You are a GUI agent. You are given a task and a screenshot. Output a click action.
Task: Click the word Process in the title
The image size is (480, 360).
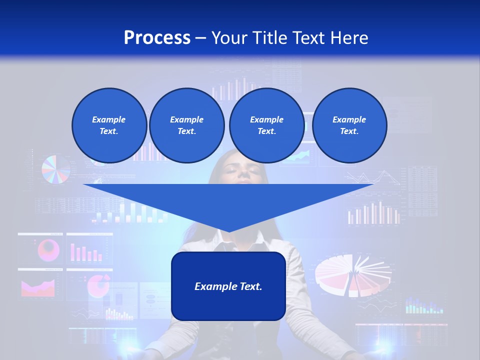(157, 38)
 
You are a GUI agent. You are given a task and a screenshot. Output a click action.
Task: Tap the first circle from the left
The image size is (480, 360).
(109, 125)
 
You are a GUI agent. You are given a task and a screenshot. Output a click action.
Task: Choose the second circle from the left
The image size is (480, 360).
(186, 125)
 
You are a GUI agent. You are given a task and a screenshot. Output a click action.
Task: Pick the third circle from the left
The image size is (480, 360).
(266, 125)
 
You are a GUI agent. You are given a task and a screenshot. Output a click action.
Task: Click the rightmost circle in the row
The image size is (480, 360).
(349, 125)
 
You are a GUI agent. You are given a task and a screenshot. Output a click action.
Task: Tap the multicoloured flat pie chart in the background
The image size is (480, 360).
(55, 169)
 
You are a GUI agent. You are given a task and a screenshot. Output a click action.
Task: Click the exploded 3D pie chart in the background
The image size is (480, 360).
(350, 275)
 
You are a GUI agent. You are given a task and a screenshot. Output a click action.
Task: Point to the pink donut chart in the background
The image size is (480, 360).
(48, 248)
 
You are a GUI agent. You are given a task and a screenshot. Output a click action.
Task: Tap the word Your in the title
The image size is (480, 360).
(229, 38)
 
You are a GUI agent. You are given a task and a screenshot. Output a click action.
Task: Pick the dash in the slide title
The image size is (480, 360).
(201, 38)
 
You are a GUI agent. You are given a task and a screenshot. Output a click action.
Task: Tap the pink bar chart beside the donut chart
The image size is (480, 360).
(86, 252)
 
